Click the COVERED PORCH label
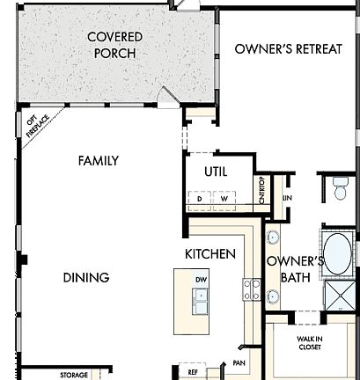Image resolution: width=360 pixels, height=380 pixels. tap(114, 45)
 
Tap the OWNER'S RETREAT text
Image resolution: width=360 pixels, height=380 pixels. tap(288, 49)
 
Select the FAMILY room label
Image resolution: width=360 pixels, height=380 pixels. tap(98, 161)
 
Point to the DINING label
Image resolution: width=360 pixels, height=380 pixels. tap(86, 278)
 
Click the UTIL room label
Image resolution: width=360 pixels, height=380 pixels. tap(216, 172)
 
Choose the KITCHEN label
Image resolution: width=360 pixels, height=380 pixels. tap(209, 254)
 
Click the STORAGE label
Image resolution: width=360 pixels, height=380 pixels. tap(74, 376)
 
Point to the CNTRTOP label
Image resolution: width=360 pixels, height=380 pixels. tap(261, 190)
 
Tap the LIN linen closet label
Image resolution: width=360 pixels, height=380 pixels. tap(287, 198)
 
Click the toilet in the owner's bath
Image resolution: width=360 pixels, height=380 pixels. tap(341, 186)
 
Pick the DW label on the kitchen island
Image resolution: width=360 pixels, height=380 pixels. tap(201, 279)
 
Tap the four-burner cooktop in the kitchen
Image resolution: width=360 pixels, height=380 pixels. tap(252, 289)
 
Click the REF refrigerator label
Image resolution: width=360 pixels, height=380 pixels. tap(191, 372)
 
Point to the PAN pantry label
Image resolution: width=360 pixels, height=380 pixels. tap(238, 362)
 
